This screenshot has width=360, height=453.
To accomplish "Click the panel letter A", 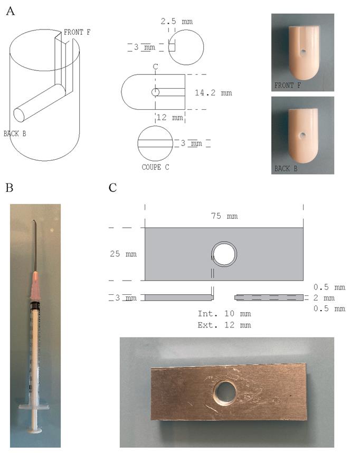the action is click(x=10, y=11).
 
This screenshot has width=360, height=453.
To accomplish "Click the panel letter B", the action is click(x=10, y=188).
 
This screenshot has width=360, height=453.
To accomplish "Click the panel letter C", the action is click(x=113, y=188).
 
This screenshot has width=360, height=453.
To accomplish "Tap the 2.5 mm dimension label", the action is click(x=177, y=22).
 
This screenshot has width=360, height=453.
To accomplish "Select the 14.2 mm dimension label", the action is click(x=213, y=93).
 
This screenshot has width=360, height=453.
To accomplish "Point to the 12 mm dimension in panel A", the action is click(x=170, y=117).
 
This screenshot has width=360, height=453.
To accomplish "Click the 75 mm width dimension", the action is click(x=224, y=216).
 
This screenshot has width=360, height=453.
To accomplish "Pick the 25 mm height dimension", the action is click(x=123, y=254).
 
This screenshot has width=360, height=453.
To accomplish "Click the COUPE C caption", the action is click(x=155, y=167).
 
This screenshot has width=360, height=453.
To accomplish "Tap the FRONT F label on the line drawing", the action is click(x=77, y=32).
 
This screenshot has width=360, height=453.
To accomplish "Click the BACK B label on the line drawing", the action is click(x=15, y=133).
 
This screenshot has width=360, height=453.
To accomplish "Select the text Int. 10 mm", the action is click(x=224, y=314).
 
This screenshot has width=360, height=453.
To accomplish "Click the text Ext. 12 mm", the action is click(x=224, y=325).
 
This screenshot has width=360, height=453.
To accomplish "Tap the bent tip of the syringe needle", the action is click(x=35, y=222).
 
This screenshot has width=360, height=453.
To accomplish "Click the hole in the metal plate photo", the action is click(x=224, y=392).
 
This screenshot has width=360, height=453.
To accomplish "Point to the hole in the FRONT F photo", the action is click(x=303, y=52).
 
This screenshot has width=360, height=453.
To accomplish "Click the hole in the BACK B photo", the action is click(x=303, y=135).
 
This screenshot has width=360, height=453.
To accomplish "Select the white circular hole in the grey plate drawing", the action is click(x=224, y=254).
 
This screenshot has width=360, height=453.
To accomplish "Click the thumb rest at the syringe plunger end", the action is click(x=35, y=431).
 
